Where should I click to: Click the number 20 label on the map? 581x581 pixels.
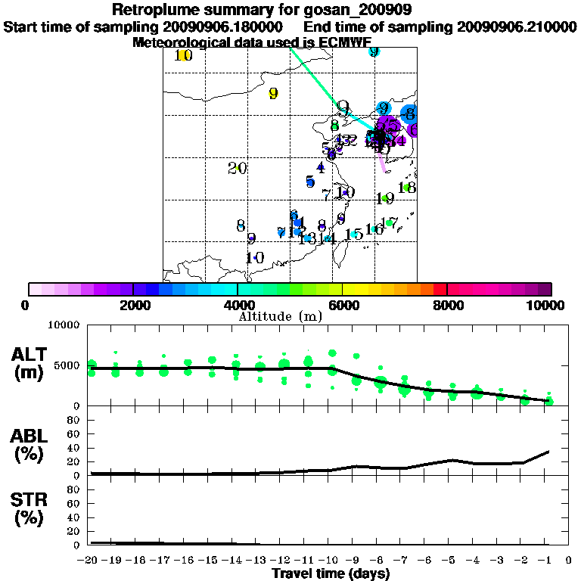click(238, 168)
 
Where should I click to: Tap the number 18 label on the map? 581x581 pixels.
click(406, 188)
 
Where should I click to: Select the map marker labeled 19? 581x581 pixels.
click(385, 198)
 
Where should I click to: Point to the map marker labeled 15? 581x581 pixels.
click(353, 235)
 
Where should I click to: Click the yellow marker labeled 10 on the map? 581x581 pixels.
click(182, 55)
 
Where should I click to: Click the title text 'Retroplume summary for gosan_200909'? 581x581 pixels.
click(261, 11)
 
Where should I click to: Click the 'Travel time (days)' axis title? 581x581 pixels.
click(331, 573)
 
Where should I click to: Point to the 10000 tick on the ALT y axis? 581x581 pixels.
click(64, 326)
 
